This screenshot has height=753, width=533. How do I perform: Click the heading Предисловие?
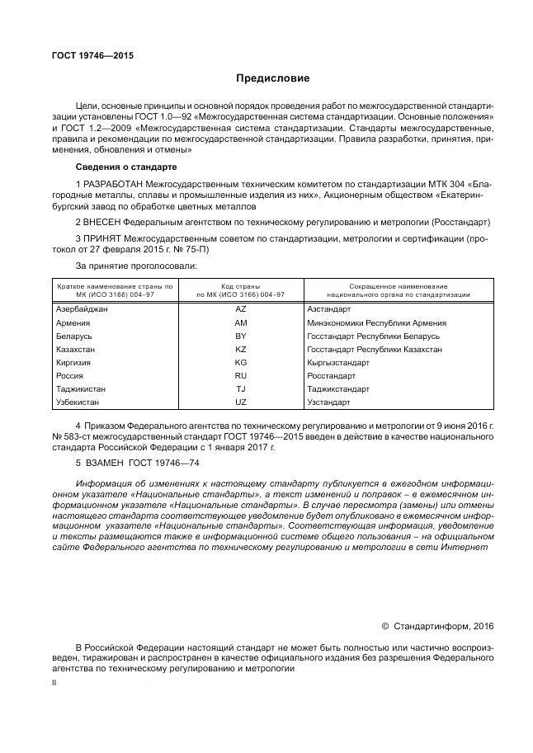272,78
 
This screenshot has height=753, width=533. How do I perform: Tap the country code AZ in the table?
241,309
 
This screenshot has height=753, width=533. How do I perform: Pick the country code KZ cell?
241,349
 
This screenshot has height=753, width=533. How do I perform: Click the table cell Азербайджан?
82,309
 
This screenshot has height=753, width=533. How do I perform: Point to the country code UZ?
241,402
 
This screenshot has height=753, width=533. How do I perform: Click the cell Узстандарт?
329,402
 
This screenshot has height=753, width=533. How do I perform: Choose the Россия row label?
70,375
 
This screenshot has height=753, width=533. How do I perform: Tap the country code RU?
241,375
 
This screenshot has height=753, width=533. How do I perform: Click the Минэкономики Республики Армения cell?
376,322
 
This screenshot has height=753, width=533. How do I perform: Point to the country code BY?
241,336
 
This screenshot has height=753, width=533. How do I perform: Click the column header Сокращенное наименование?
399,285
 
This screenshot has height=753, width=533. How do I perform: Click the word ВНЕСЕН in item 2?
103,222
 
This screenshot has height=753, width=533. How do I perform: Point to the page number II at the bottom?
54,684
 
